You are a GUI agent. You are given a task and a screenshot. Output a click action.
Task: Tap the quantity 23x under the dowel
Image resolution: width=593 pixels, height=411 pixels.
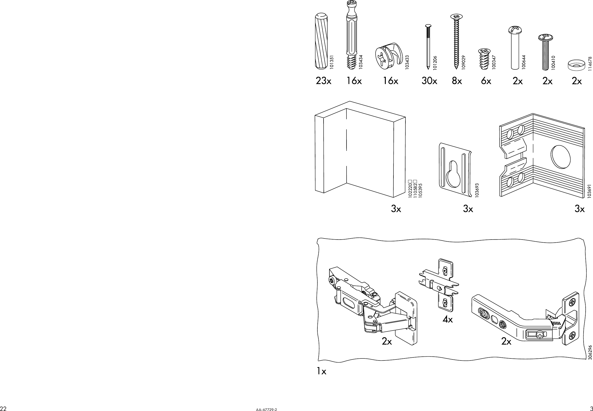[323, 81]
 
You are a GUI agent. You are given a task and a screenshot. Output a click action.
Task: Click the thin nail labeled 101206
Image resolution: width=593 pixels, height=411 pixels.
[428, 46]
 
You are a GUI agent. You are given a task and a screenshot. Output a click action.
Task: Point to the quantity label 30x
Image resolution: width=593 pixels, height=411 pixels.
[429, 81]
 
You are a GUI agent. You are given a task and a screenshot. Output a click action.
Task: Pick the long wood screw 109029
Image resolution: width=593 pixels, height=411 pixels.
[456, 41]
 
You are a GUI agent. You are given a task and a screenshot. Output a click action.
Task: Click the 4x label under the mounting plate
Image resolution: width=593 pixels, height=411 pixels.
[448, 320]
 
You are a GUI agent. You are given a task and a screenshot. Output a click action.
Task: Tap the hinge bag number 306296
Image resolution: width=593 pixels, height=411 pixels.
[590, 353]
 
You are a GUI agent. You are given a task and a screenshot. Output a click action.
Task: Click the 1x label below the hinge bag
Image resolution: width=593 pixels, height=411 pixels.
[321, 371]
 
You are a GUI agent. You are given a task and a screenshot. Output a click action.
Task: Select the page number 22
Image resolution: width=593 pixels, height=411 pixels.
[3, 408]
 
